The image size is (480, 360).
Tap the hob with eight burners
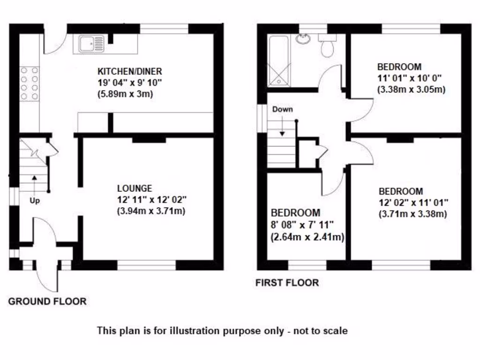coord(29,83)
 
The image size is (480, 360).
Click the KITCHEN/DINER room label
coord(129,72)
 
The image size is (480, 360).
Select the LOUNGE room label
coord(135,188)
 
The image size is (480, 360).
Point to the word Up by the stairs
coord(35,201)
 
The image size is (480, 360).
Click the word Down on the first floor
coord(282,109)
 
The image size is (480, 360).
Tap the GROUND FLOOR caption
coord(47,301)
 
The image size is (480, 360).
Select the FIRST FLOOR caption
coord(287,283)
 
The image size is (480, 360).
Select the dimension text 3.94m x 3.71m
coord(151,211)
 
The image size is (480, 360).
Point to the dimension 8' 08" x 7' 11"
coord(301,225)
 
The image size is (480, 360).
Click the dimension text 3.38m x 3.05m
coord(411,89)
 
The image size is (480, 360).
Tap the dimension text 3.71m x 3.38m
coord(412,214)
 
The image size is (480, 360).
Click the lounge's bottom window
coord(146,265)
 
